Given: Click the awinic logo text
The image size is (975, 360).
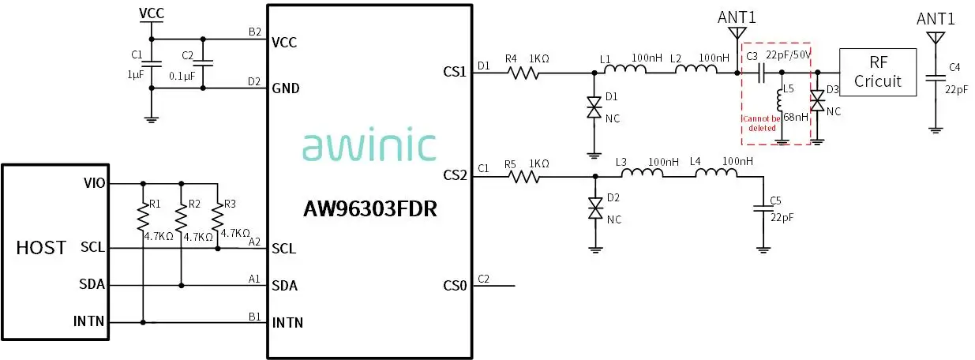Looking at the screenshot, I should click(x=369, y=147).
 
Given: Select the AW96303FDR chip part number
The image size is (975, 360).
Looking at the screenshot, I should click(x=370, y=210).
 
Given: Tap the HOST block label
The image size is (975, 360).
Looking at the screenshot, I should click(x=41, y=247).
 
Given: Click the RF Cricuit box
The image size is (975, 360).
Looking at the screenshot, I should click(x=878, y=72).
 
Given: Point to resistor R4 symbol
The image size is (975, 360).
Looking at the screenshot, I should click(x=523, y=73).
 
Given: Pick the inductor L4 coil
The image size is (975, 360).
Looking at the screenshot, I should click(x=716, y=174).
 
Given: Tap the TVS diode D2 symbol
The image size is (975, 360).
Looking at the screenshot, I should click(x=594, y=209).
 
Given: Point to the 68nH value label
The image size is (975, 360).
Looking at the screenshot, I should click(x=796, y=118).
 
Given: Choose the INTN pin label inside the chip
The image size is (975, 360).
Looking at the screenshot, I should click(x=287, y=323).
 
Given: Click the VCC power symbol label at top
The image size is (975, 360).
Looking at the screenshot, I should click(x=152, y=13).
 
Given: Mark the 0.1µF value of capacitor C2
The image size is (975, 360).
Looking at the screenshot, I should click(x=182, y=77).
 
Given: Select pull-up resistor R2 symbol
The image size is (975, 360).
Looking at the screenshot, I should click(x=182, y=216).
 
